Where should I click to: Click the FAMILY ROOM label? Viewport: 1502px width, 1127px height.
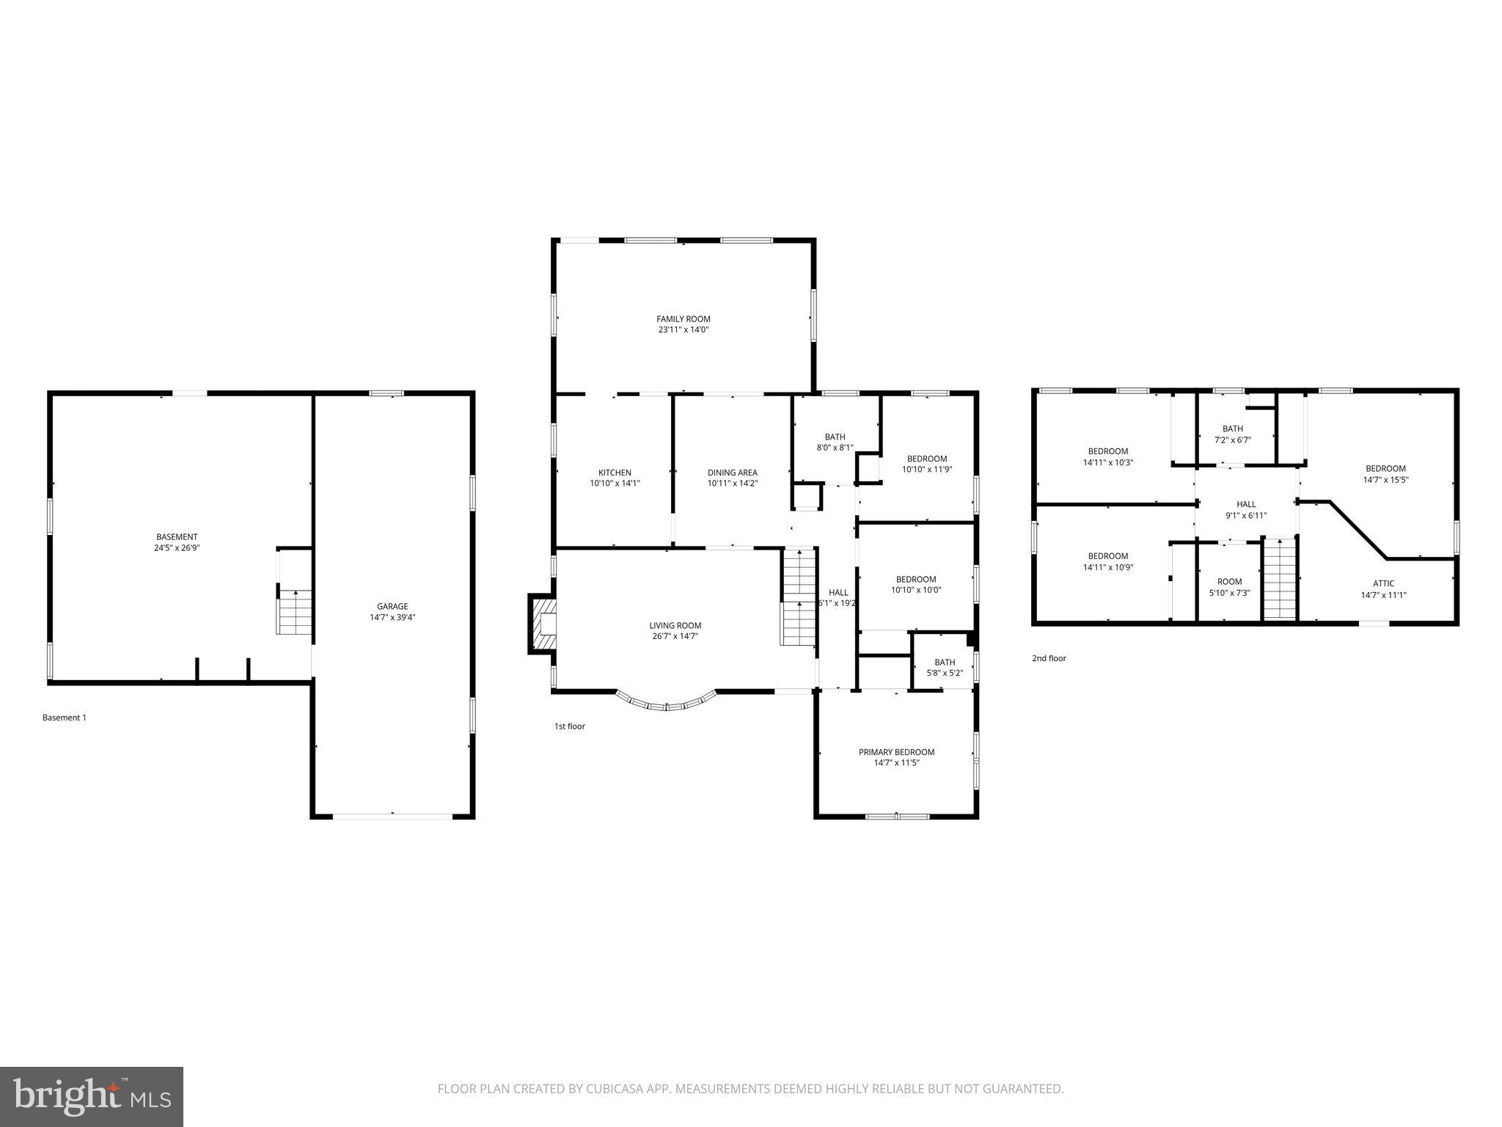683,319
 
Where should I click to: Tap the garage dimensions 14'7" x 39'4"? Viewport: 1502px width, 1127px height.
392,618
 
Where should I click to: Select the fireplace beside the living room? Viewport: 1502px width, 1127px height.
541,624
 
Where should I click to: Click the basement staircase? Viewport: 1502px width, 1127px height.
295,612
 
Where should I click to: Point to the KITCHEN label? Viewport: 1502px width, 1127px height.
615,473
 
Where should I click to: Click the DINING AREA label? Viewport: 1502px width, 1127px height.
732,473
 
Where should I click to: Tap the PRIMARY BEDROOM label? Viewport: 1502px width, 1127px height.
896,752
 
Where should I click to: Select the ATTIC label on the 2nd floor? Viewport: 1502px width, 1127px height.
1383,584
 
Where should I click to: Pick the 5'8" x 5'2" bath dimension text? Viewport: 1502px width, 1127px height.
945,673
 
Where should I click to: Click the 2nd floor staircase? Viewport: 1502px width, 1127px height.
1280,580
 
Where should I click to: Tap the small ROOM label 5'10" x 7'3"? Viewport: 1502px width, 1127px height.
1229,582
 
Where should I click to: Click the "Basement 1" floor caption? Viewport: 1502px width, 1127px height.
65,718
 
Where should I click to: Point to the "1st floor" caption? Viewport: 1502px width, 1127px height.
569,726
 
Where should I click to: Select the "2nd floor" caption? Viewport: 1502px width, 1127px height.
1049,658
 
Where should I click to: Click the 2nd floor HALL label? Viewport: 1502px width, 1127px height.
1246,504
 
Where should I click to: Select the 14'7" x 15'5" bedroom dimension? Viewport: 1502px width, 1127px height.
1385,480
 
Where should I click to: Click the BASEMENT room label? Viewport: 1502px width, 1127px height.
177,537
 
